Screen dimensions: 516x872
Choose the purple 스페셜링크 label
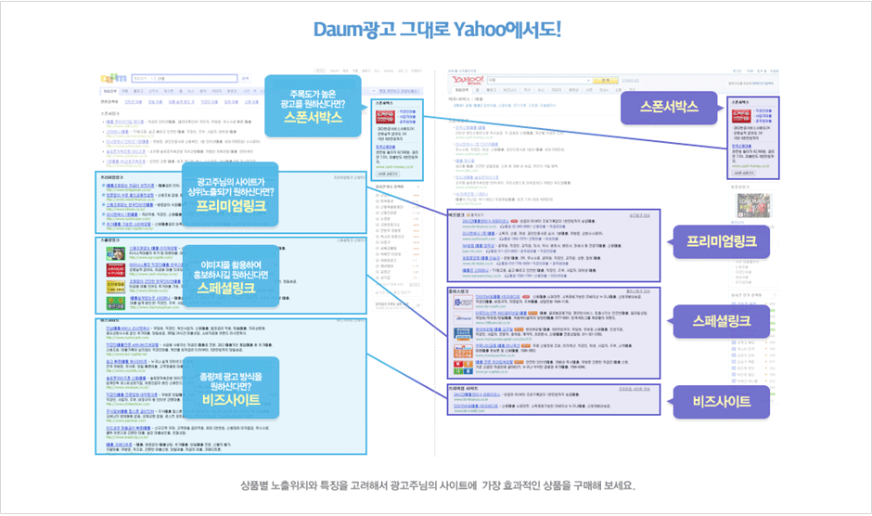click(x=723, y=321)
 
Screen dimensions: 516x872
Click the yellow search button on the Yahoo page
click(x=608, y=80)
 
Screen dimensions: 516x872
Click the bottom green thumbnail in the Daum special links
click(x=115, y=303)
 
